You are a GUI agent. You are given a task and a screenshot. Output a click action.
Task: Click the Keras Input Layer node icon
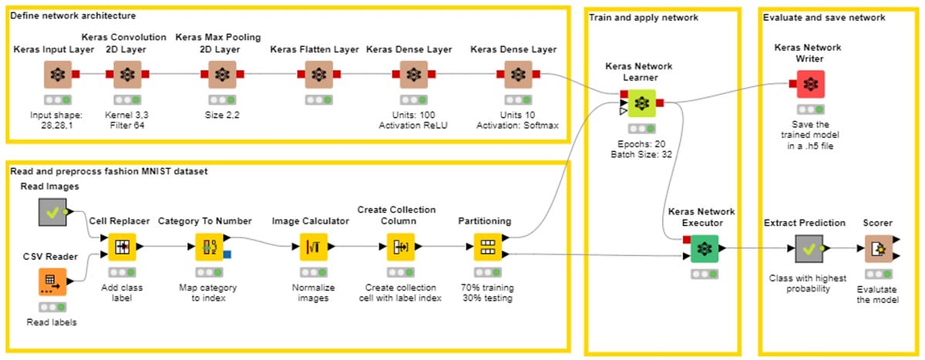tap(57, 76)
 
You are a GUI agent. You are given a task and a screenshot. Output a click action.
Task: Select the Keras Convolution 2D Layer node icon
tap(127, 76)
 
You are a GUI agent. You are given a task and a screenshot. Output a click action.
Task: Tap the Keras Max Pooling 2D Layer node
tap(222, 76)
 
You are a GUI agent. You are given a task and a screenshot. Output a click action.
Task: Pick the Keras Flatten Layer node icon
tap(318, 76)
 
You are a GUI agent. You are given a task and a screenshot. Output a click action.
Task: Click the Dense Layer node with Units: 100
tap(413, 76)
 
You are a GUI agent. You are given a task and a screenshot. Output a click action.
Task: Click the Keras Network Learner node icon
tap(641, 103)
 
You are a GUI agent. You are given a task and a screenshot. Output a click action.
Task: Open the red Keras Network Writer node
tap(809, 84)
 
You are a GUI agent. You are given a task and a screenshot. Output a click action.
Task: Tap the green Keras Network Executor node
tap(704, 249)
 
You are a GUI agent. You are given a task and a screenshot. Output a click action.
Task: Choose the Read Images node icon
tap(52, 212)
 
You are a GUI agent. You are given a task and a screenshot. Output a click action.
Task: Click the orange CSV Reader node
tap(52, 281)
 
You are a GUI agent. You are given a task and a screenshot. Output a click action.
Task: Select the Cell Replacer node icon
tap(122, 247)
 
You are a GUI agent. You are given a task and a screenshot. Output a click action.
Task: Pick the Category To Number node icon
tap(209, 247)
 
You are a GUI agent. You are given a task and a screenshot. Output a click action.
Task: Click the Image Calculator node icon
tap(314, 247)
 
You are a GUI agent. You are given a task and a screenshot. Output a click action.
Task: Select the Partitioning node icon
tap(488, 247)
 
